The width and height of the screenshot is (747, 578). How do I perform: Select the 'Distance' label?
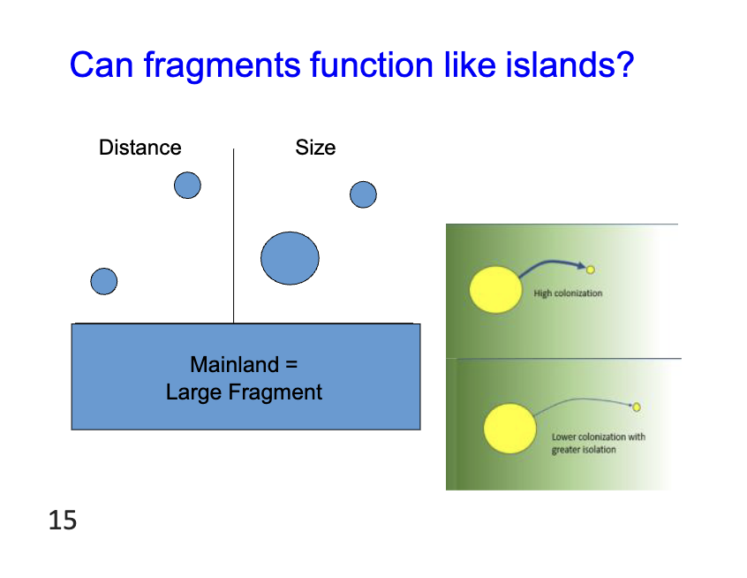pos(140,148)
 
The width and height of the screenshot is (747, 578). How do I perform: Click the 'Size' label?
pos(315,148)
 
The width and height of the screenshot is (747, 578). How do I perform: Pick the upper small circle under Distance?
pos(187,186)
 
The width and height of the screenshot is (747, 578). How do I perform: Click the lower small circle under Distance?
pos(104,281)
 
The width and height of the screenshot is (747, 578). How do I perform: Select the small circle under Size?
pos(363,194)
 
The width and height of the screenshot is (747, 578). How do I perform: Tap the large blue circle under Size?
pos(290,258)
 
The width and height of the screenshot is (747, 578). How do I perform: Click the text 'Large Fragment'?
pos(244,392)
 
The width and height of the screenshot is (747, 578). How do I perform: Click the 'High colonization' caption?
pos(568,293)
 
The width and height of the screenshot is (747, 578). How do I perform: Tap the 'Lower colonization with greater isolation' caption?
pos(598,443)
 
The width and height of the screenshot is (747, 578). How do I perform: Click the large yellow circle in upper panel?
pos(495,291)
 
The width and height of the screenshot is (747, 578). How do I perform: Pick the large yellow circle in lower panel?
pos(509,428)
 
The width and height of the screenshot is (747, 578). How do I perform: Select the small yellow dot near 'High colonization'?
pos(591,269)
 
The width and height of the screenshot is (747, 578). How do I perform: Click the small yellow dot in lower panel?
pos(636,407)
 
